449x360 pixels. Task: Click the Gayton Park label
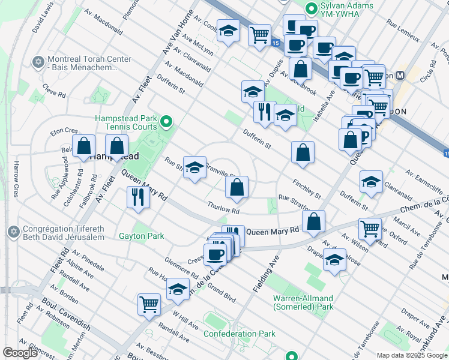pyautogui.click(x=141, y=236)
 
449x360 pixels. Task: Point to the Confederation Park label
pyautogui.click(x=239, y=334)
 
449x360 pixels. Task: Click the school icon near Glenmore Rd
pyautogui.click(x=178, y=289)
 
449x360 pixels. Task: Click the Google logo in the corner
pyautogui.click(x=20, y=353)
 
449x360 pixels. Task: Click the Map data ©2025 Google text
pyautogui.click(x=412, y=355)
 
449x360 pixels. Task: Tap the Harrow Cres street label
pyautogui.click(x=17, y=179)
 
